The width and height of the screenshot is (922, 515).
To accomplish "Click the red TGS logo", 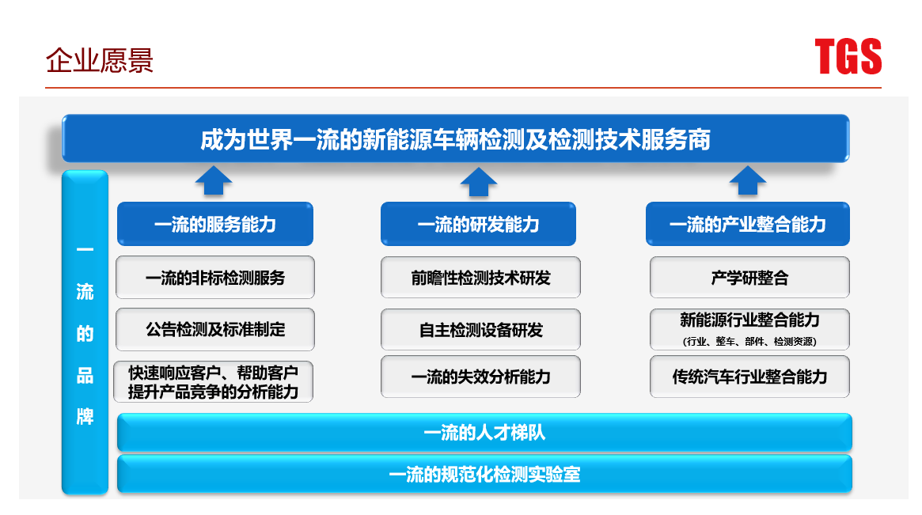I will tap(848, 57).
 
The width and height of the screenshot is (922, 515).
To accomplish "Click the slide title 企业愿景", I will tap(100, 61).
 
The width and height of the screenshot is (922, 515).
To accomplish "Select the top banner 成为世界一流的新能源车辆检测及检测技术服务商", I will tap(455, 140).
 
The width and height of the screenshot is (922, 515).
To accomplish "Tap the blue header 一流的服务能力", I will tap(215, 225).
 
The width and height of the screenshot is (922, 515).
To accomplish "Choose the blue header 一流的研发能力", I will tap(478, 225).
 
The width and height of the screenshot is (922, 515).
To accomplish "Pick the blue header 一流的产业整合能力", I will tap(747, 225).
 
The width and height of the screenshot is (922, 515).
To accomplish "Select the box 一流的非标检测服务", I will tap(215, 278).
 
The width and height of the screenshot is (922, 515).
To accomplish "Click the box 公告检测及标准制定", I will tap(215, 329).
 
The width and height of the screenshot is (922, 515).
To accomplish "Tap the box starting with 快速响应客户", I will tap(214, 381).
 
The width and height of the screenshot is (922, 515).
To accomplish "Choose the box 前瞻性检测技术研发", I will tap(480, 278).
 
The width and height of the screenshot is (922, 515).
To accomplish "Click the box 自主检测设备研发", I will tap(480, 330).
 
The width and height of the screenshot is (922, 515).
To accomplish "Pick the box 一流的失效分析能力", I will tap(480, 377).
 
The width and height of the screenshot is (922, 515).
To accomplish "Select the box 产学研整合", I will tap(749, 278).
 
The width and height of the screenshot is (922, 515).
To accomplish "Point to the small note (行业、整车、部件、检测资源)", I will tap(749, 342).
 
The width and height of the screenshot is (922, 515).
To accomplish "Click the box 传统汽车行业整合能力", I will tap(749, 377).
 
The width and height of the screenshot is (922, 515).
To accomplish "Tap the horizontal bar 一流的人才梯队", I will tap(484, 433).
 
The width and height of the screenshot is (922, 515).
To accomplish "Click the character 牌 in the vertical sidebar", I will tap(85, 416).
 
